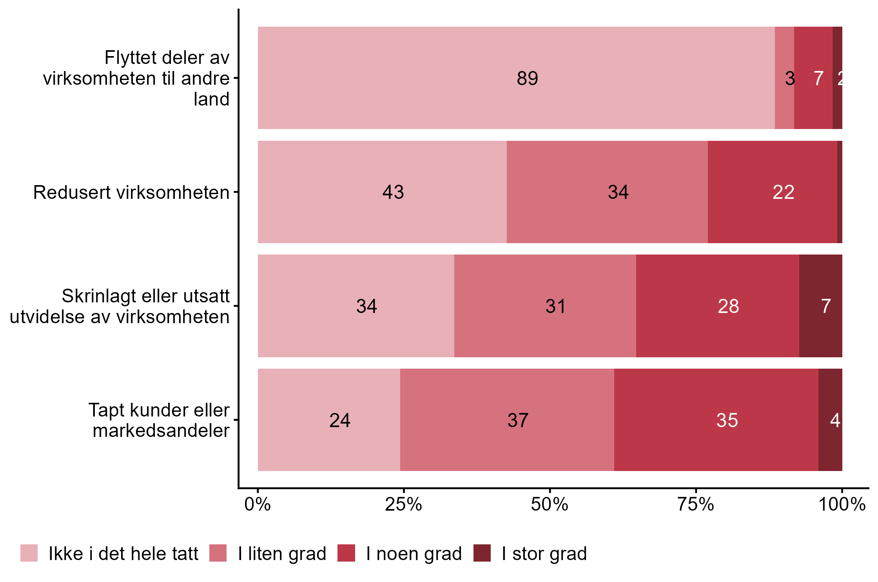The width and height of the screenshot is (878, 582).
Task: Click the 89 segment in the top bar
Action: tap(516, 78)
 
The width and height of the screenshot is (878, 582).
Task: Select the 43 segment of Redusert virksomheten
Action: tap(382, 192)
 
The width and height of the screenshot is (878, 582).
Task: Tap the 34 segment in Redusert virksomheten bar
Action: tap(607, 192)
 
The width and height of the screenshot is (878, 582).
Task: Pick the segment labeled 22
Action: tap(772, 192)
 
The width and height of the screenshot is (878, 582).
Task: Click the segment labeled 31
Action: tap(545, 306)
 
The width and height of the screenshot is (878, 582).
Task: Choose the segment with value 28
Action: tap(717, 306)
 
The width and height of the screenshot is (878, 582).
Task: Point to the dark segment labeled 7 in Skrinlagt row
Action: tap(820, 306)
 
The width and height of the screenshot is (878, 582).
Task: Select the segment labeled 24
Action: tap(329, 420)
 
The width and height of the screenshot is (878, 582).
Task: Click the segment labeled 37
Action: tap(507, 420)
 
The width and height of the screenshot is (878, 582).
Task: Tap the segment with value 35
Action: tap(716, 420)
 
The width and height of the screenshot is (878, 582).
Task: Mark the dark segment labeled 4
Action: tap(830, 420)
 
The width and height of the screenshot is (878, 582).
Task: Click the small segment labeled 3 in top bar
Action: tap(784, 78)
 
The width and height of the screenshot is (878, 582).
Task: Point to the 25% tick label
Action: tap(403, 505)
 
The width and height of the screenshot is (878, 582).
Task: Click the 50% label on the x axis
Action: tap(550, 505)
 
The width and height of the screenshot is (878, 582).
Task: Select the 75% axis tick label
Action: tap(696, 505)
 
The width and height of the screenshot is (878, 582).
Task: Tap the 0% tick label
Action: tap(258, 505)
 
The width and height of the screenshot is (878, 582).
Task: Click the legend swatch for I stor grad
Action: tap(482, 553)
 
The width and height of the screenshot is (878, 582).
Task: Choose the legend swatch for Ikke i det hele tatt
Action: tap(29, 553)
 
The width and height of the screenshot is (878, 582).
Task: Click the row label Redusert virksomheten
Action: tap(131, 193)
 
